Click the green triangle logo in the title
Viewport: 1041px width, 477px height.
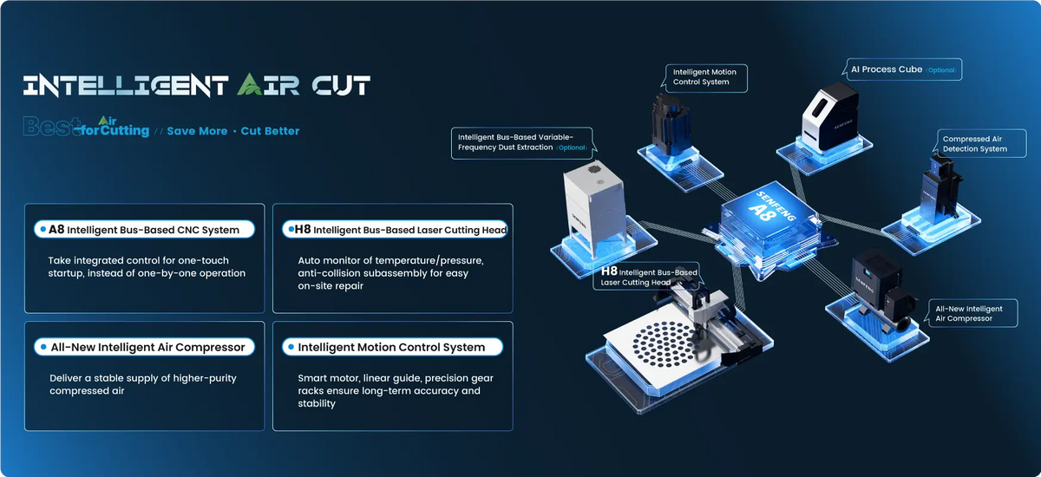pos(250,84)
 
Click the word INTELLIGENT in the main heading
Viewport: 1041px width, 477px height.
pos(126,86)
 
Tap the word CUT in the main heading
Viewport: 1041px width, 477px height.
pos(341,86)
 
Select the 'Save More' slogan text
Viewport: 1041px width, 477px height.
pos(197,131)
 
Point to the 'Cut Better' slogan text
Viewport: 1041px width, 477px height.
pos(270,131)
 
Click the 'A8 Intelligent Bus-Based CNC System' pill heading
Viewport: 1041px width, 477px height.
pos(144,230)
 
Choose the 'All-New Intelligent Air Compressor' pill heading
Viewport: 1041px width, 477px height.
pos(144,347)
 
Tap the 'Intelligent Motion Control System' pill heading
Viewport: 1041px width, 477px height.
pos(392,347)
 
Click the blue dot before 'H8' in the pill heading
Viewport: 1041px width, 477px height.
pos(291,229)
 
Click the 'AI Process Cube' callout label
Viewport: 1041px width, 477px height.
pos(903,69)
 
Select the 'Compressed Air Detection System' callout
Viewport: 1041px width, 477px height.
pos(980,143)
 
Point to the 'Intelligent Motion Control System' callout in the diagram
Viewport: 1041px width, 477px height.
pos(705,77)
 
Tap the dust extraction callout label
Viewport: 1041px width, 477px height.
pos(523,142)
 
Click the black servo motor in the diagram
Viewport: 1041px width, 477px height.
pos(671,125)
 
